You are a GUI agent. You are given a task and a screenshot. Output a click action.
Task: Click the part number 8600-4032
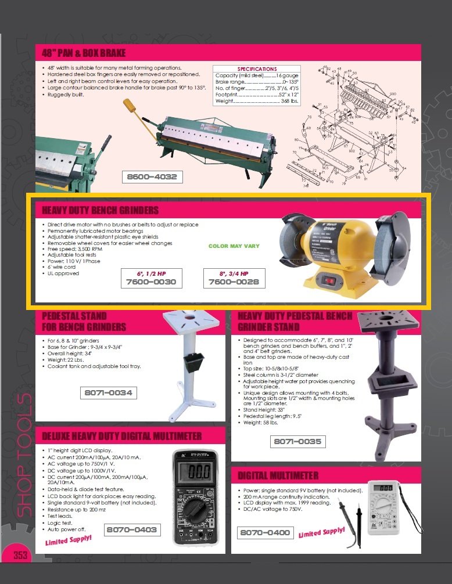[x=152, y=176]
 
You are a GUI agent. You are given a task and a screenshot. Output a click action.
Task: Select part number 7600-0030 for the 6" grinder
[x=151, y=282]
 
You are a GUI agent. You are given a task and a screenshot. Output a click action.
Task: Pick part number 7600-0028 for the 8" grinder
[x=234, y=282]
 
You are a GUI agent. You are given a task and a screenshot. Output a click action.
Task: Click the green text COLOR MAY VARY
[x=234, y=246]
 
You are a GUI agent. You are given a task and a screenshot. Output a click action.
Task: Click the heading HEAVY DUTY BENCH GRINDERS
[x=100, y=210]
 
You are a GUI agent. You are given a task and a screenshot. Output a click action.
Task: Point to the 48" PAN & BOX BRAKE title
[x=84, y=53]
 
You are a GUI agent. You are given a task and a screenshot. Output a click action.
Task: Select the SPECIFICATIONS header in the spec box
[x=257, y=69]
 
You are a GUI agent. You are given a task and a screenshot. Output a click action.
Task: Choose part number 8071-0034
[x=108, y=393]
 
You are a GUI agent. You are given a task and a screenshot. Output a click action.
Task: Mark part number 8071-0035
[x=297, y=442]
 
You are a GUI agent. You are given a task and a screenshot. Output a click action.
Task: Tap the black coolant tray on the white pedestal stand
[x=195, y=363]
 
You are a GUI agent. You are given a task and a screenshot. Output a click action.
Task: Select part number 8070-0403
[x=131, y=529]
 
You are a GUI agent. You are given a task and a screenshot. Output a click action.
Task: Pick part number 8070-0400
[x=265, y=532]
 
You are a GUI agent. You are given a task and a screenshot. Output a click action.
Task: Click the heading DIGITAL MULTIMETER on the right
[x=278, y=476]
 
